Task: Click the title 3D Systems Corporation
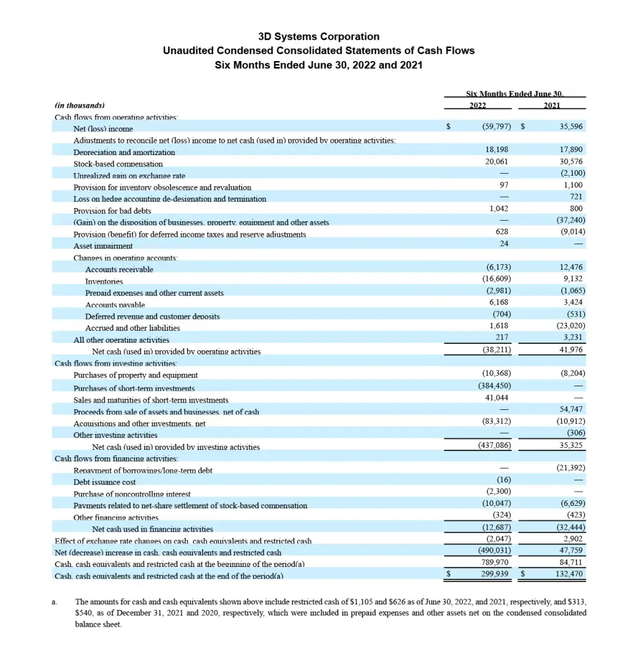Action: (318, 37)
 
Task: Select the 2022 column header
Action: (477, 106)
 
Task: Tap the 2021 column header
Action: (552, 106)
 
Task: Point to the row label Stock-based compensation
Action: (118, 164)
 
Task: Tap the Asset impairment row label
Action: (103, 246)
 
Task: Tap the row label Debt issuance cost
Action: (105, 482)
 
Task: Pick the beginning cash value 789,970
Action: (495, 562)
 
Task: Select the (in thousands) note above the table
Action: (80, 106)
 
